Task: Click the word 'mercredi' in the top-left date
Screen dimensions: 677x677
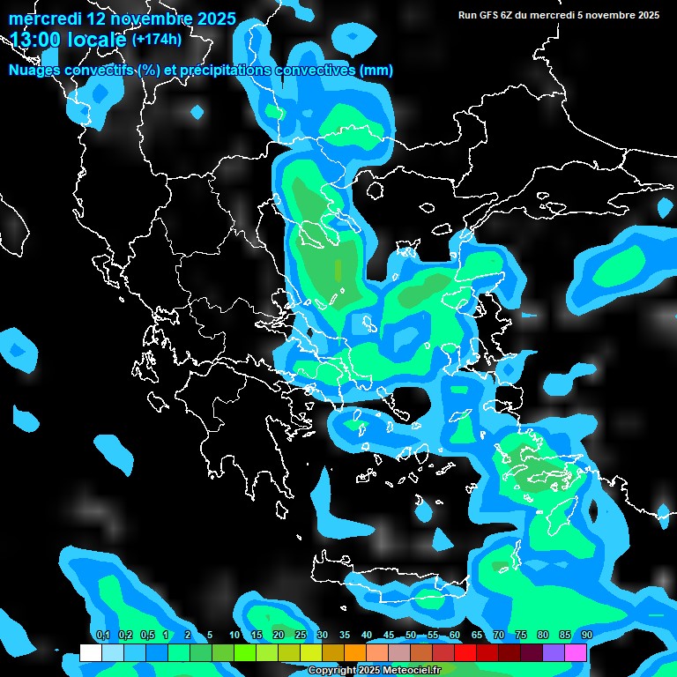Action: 45,19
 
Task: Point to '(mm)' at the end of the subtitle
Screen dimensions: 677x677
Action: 376,70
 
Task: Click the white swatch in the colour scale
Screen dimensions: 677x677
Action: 90,652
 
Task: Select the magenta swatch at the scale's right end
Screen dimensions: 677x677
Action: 576,652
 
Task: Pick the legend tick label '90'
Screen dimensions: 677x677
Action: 586,635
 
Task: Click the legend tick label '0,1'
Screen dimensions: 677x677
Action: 102,635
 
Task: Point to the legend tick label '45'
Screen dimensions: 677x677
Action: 389,635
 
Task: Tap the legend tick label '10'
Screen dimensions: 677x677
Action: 234,635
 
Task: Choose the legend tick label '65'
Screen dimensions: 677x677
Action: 477,635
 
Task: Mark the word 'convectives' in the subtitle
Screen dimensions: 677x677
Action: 317,70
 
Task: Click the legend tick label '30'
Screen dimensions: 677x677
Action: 323,635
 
